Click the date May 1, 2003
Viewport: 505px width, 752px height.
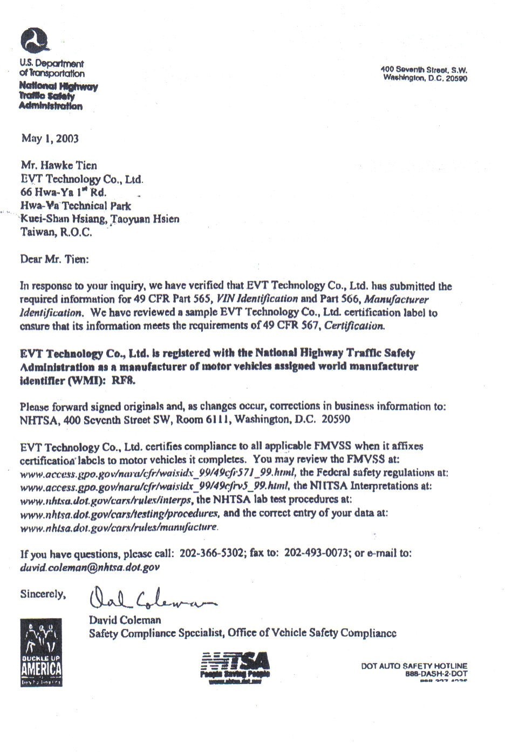(x=50, y=139)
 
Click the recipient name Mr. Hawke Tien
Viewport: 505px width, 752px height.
(x=59, y=165)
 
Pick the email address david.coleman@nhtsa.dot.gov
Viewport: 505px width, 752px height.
(x=90, y=567)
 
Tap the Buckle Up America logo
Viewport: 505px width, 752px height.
(x=41, y=653)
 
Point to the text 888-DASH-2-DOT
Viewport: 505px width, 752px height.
(x=436, y=674)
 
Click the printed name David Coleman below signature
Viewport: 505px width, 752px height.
(x=125, y=620)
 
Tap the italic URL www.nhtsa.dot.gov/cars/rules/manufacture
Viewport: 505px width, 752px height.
(x=119, y=526)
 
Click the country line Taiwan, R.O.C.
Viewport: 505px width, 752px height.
(x=56, y=233)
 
